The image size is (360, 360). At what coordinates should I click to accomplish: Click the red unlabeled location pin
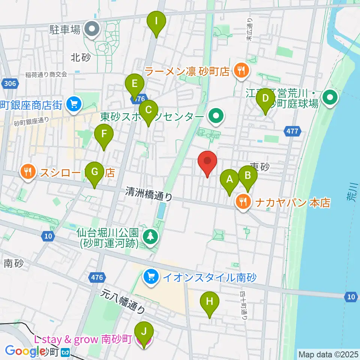click(x=207, y=163)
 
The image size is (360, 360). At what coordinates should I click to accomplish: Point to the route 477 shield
click(x=292, y=132)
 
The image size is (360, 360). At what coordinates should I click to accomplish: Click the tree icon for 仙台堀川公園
click(x=151, y=236)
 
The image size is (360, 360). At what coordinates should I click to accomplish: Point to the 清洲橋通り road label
click(x=149, y=194)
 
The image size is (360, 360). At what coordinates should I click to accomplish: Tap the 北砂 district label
click(x=81, y=57)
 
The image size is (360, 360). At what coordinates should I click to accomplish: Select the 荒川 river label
click(x=348, y=195)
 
